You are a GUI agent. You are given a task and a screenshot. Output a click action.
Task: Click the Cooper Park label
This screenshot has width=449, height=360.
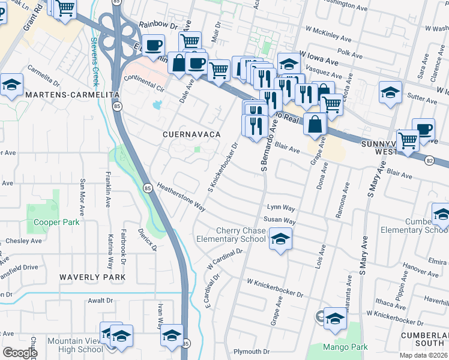[56, 222]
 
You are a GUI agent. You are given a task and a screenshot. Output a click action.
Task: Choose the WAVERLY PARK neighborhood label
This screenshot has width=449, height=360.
[92, 277]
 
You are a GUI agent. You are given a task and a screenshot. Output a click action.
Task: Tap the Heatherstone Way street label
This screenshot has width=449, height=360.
[181, 197]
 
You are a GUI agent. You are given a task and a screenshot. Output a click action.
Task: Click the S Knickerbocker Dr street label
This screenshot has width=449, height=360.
[223, 163]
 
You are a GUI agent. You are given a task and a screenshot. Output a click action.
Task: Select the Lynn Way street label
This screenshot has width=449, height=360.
[281, 208]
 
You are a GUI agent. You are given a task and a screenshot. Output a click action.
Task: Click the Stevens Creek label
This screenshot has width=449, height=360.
[95, 62]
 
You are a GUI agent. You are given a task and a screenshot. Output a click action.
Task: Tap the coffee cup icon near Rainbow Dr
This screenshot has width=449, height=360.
[153, 44]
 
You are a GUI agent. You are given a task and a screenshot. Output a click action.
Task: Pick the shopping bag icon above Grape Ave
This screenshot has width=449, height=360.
[315, 124]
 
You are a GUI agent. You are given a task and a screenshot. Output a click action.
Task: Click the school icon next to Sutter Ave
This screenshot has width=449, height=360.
[390, 92]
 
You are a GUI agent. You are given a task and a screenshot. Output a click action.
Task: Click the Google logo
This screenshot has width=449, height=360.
[20, 353]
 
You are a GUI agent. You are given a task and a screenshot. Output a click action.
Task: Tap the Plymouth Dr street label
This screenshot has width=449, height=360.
[253, 352]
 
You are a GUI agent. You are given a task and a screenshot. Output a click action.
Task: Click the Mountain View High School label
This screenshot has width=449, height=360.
[75, 345]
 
